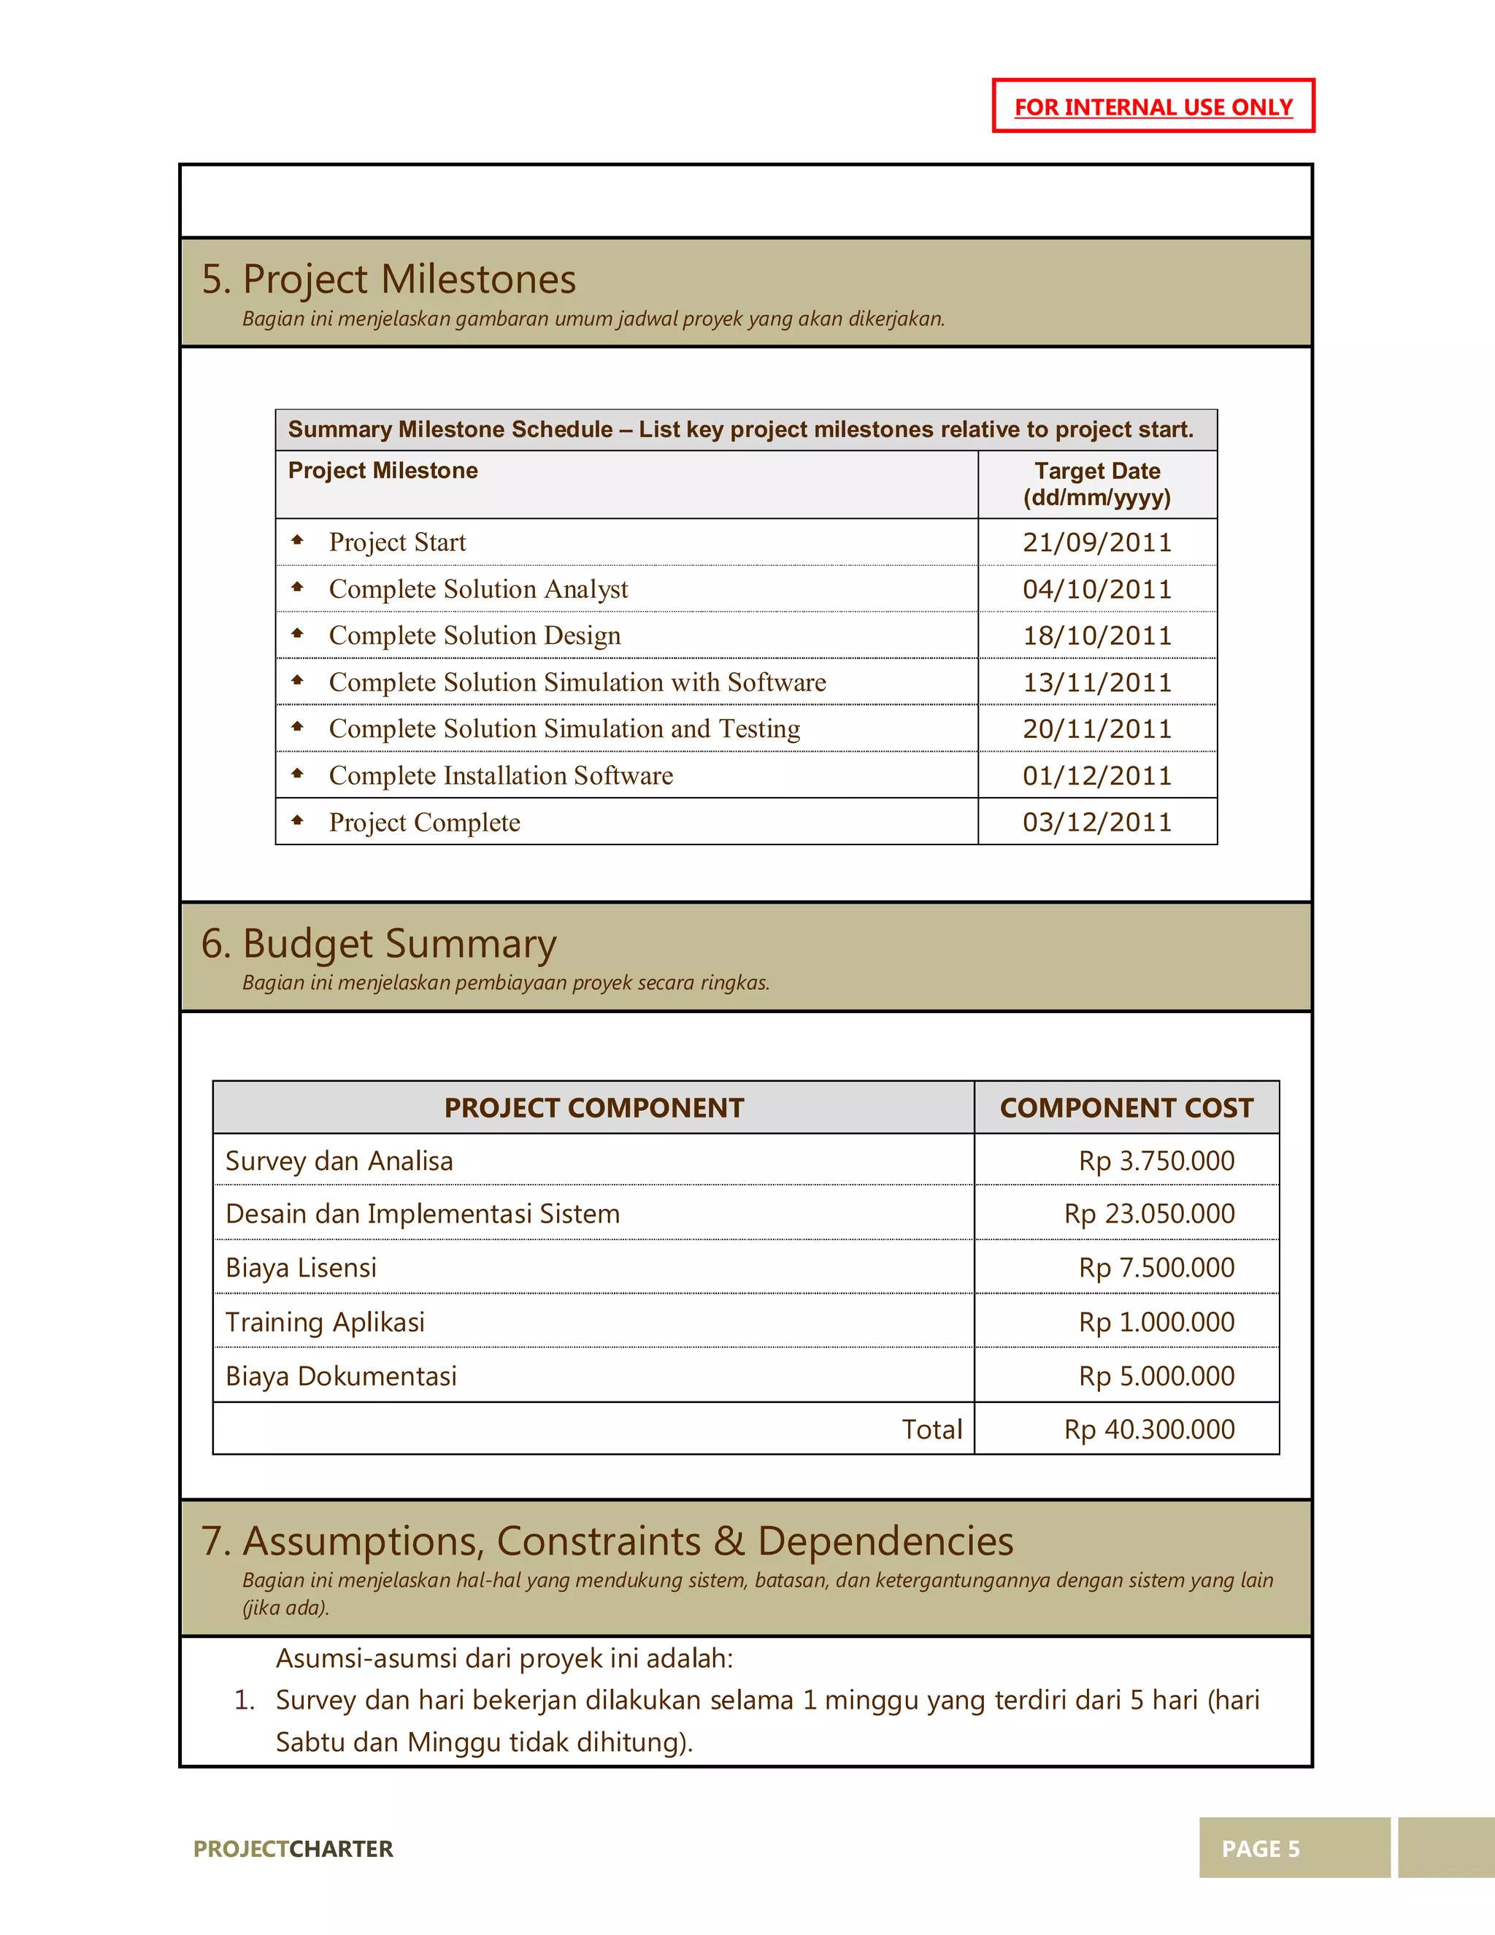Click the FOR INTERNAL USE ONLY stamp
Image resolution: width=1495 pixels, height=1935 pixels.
click(1153, 107)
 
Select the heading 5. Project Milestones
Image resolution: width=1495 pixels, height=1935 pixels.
click(388, 279)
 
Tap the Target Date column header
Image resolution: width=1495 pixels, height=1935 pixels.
click(1096, 484)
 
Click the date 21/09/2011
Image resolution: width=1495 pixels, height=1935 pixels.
click(1096, 542)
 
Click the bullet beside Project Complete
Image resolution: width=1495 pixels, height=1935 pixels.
click(298, 820)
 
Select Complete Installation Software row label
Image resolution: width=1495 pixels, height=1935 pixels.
click(501, 775)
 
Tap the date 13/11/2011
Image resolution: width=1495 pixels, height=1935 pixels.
click(1096, 682)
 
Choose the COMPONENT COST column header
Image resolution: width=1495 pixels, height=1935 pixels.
click(1126, 1107)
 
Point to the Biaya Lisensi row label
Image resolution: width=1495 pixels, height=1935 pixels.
click(301, 1268)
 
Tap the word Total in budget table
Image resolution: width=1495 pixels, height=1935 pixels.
click(931, 1429)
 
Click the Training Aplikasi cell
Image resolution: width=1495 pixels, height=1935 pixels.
click(326, 1322)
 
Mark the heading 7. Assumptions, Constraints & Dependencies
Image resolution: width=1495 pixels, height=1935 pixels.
click(607, 1541)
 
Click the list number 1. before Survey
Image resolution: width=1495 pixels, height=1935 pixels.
click(245, 1700)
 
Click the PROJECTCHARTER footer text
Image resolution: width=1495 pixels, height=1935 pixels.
click(293, 1849)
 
